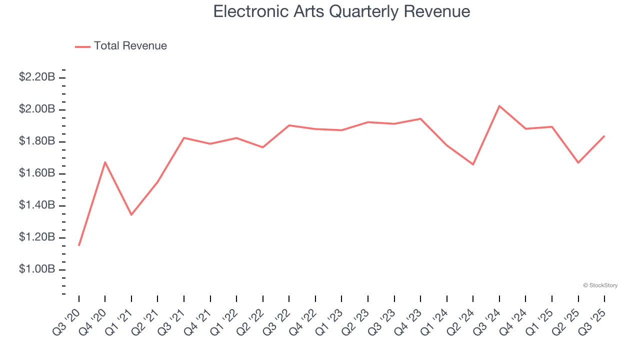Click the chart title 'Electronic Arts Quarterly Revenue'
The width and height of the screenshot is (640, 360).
[341, 11]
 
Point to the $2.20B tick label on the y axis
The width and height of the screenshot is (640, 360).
[37, 77]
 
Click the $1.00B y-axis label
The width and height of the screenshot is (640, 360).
[37, 269]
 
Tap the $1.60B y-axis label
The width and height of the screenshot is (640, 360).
[37, 173]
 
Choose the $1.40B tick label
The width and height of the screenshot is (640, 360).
[37, 205]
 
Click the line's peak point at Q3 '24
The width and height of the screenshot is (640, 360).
[499, 106]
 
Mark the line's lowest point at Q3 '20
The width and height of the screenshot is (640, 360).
[79, 245]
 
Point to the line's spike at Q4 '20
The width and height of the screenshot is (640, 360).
[105, 162]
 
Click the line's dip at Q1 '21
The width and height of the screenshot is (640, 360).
[131, 214]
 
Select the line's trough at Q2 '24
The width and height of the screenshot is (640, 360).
[473, 164]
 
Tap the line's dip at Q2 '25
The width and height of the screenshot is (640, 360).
[578, 162]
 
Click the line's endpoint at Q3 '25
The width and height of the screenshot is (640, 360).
[604, 136]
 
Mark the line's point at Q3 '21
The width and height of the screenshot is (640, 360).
[184, 137]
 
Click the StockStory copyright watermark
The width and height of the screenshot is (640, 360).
[600, 285]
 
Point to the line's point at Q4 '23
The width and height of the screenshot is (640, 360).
[420, 118]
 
